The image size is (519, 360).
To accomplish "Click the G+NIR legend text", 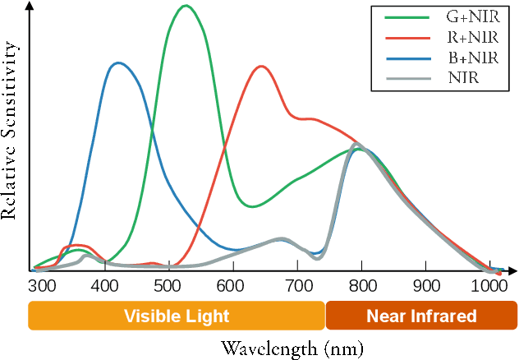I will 472,16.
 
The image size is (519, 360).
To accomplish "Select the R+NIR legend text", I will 472,37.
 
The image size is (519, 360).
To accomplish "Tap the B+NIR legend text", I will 472,58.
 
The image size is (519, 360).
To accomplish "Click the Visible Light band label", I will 177,316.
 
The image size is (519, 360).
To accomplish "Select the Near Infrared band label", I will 421,316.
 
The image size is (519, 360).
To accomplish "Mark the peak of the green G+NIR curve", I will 186,6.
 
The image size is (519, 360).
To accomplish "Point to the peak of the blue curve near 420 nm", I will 118,62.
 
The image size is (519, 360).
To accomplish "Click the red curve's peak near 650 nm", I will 261,66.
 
